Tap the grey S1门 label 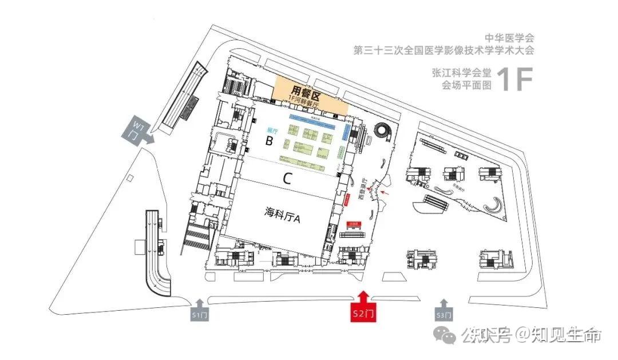200,314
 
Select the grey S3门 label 443,314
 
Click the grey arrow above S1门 200,302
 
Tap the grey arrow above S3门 443,303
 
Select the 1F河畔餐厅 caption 303,101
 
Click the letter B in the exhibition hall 268,141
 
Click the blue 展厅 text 272,130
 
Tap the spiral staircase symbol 382,133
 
